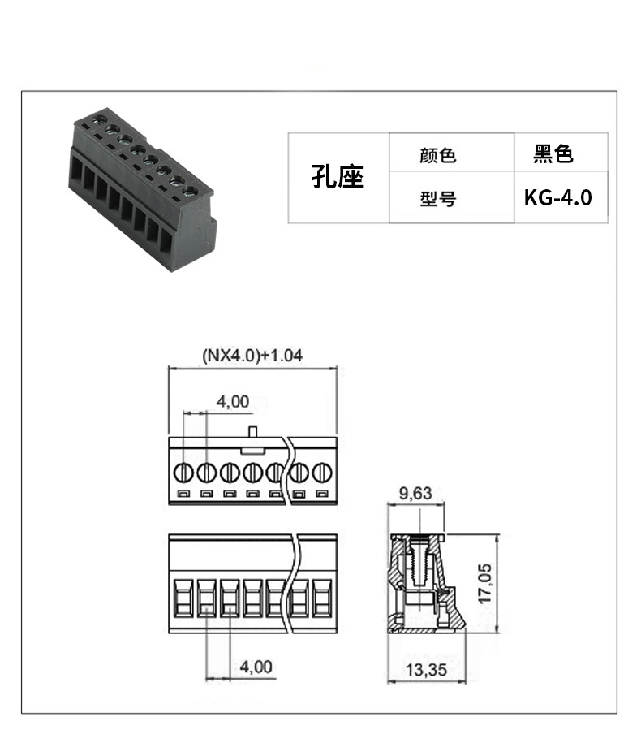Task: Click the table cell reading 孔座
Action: pyautogui.click(x=338, y=177)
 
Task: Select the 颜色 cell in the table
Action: pyautogui.click(x=452, y=152)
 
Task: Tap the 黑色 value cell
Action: pyautogui.click(x=561, y=152)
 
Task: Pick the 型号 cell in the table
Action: pyautogui.click(x=452, y=197)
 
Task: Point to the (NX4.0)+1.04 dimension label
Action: pyautogui.click(x=252, y=355)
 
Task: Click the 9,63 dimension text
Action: pyautogui.click(x=415, y=493)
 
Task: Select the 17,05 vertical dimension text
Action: pyautogui.click(x=485, y=584)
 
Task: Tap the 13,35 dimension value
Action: pyautogui.click(x=426, y=670)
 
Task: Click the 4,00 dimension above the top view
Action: pyautogui.click(x=233, y=401)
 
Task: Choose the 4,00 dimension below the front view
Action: pyautogui.click(x=256, y=667)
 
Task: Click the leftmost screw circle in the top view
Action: pyautogui.click(x=183, y=473)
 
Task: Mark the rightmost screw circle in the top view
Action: pyautogui.click(x=322, y=473)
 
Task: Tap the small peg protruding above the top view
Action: pyautogui.click(x=252, y=431)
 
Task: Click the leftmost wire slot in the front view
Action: pyautogui.click(x=183, y=598)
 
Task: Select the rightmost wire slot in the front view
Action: pyautogui.click(x=322, y=598)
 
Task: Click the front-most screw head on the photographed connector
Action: pyautogui.click(x=190, y=192)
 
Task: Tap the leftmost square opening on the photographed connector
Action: pyautogui.click(x=76, y=172)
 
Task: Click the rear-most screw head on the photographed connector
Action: pyautogui.click(x=99, y=120)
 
